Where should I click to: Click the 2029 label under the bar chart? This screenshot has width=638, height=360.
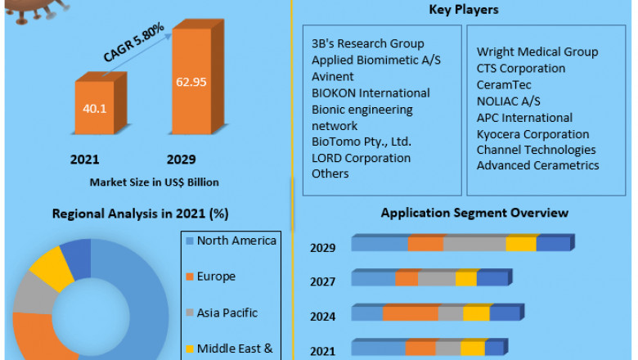(181, 159)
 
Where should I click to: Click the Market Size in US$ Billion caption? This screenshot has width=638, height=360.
(154, 182)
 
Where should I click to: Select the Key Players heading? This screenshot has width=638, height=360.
(464, 10)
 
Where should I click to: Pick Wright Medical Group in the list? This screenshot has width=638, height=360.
(537, 52)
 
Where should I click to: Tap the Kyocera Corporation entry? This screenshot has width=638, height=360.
(532, 133)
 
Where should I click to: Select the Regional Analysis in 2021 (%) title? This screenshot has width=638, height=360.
(140, 214)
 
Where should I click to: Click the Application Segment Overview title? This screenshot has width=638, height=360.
(474, 213)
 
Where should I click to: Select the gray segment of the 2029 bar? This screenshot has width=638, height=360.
(474, 244)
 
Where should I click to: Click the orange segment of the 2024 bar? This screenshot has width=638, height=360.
(410, 313)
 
